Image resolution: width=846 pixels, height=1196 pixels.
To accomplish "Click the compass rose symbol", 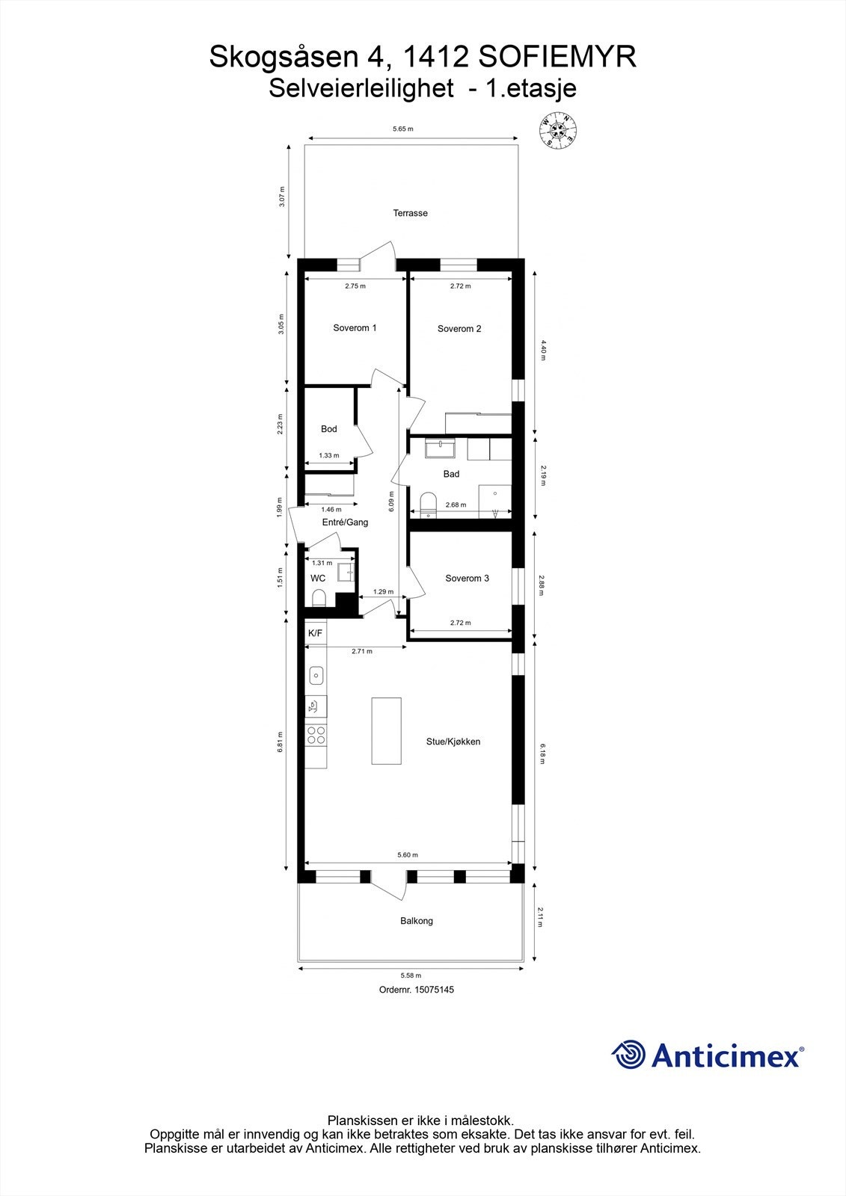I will pos(559,130).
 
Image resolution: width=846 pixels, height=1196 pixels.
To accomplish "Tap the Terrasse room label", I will pos(411,213).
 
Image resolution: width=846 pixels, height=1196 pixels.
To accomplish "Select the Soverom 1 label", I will pos(355,328).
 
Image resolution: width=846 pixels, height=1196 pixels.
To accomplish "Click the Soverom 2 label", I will pos(459,329).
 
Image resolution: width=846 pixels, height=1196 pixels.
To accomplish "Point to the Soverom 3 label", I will pos(467,579).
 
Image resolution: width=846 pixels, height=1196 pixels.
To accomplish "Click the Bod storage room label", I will pos(329,429).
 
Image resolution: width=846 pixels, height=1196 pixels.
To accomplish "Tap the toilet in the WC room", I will pos(319,598).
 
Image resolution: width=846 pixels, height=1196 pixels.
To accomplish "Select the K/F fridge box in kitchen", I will pos(316,634).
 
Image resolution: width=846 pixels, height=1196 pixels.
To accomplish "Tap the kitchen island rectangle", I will pos(387,730).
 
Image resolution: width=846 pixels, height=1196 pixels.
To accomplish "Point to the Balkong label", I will pos(417,921).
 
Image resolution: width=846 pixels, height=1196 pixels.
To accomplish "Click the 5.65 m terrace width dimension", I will pos(403,129).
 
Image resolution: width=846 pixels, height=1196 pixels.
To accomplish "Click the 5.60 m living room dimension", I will pos(408,855).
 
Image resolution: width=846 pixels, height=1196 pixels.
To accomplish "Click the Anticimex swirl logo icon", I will pos(628,1055).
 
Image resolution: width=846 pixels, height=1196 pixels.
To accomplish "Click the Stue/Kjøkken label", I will pos(453,742).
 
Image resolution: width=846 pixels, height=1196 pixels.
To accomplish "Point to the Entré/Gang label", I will pos(345,523).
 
